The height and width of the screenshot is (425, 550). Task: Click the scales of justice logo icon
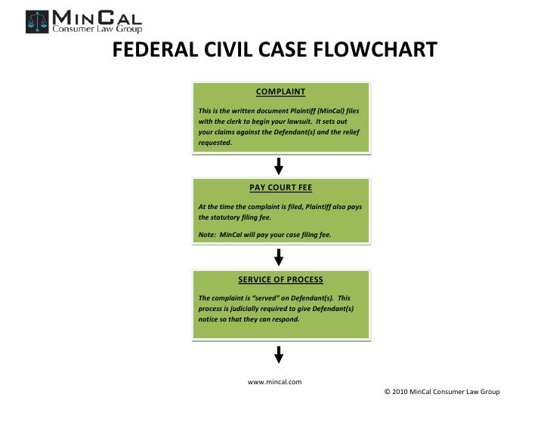coord(36,21)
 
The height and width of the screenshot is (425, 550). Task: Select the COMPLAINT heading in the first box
coord(280,92)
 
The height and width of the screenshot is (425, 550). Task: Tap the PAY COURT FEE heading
coord(280,188)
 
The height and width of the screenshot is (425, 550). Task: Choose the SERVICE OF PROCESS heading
coord(280,279)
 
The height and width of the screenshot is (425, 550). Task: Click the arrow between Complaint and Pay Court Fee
coord(279,165)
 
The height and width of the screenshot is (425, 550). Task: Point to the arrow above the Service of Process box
coord(279,257)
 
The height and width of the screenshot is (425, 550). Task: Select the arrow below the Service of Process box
coord(279,353)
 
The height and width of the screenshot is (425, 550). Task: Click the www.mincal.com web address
coord(275,381)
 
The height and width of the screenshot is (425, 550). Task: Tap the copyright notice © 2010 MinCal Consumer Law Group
coord(442,392)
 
